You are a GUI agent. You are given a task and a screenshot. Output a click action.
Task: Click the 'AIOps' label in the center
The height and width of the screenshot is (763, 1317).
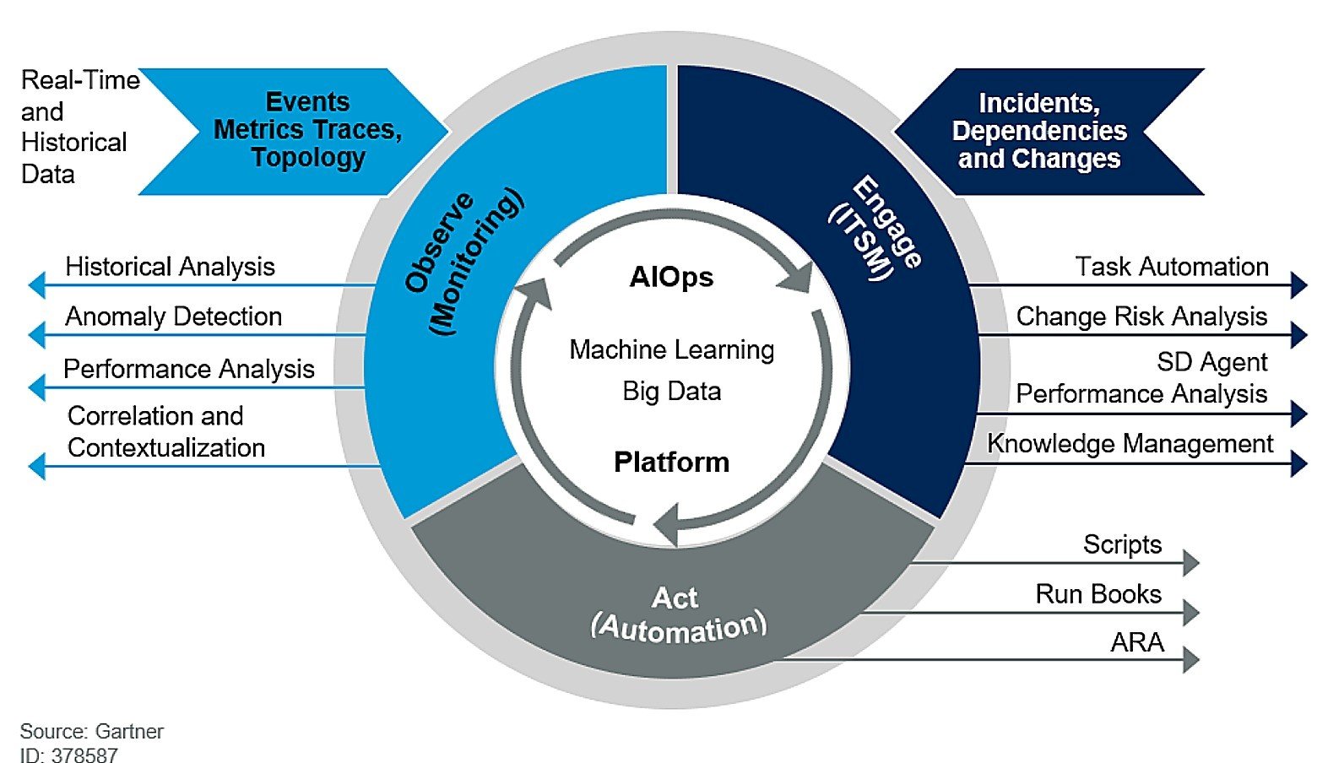(x=671, y=277)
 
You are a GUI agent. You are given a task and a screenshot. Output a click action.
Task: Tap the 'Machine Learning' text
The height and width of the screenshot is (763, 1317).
(x=671, y=349)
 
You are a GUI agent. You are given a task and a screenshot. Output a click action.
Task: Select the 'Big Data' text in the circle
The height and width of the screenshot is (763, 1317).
(x=671, y=391)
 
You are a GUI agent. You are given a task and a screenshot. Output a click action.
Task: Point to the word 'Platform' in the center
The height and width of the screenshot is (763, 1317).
(x=671, y=462)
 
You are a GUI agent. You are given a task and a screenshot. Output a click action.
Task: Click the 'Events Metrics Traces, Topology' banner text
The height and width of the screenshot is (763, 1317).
(x=307, y=130)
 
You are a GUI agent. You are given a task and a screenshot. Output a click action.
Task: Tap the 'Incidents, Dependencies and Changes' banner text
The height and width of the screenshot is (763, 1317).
(x=1038, y=131)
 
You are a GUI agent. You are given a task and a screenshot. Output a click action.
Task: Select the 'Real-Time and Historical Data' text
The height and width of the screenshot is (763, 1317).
(x=76, y=127)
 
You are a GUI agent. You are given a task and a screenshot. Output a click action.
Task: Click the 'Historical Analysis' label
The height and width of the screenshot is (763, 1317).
(x=170, y=267)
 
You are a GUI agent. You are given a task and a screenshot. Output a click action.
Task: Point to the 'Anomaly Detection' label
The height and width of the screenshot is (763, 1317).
(x=173, y=317)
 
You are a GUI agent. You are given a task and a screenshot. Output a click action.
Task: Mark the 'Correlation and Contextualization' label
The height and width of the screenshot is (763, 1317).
(x=165, y=431)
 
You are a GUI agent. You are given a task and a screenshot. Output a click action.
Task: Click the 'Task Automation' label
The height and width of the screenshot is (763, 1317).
(x=1171, y=267)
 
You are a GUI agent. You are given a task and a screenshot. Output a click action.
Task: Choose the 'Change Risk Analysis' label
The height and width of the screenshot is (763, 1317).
(x=1141, y=317)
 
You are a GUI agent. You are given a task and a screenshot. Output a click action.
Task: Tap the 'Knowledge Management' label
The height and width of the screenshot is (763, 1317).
(x=1130, y=443)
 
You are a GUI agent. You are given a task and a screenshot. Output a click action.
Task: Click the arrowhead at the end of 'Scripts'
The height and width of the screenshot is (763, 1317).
(x=1190, y=563)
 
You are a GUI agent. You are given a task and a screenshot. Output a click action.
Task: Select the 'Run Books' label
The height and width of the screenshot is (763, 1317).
(x=1097, y=594)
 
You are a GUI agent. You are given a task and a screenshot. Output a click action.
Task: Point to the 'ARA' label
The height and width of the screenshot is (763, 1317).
(x=1136, y=642)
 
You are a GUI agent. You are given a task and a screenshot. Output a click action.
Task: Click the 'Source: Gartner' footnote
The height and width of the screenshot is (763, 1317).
(x=91, y=731)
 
